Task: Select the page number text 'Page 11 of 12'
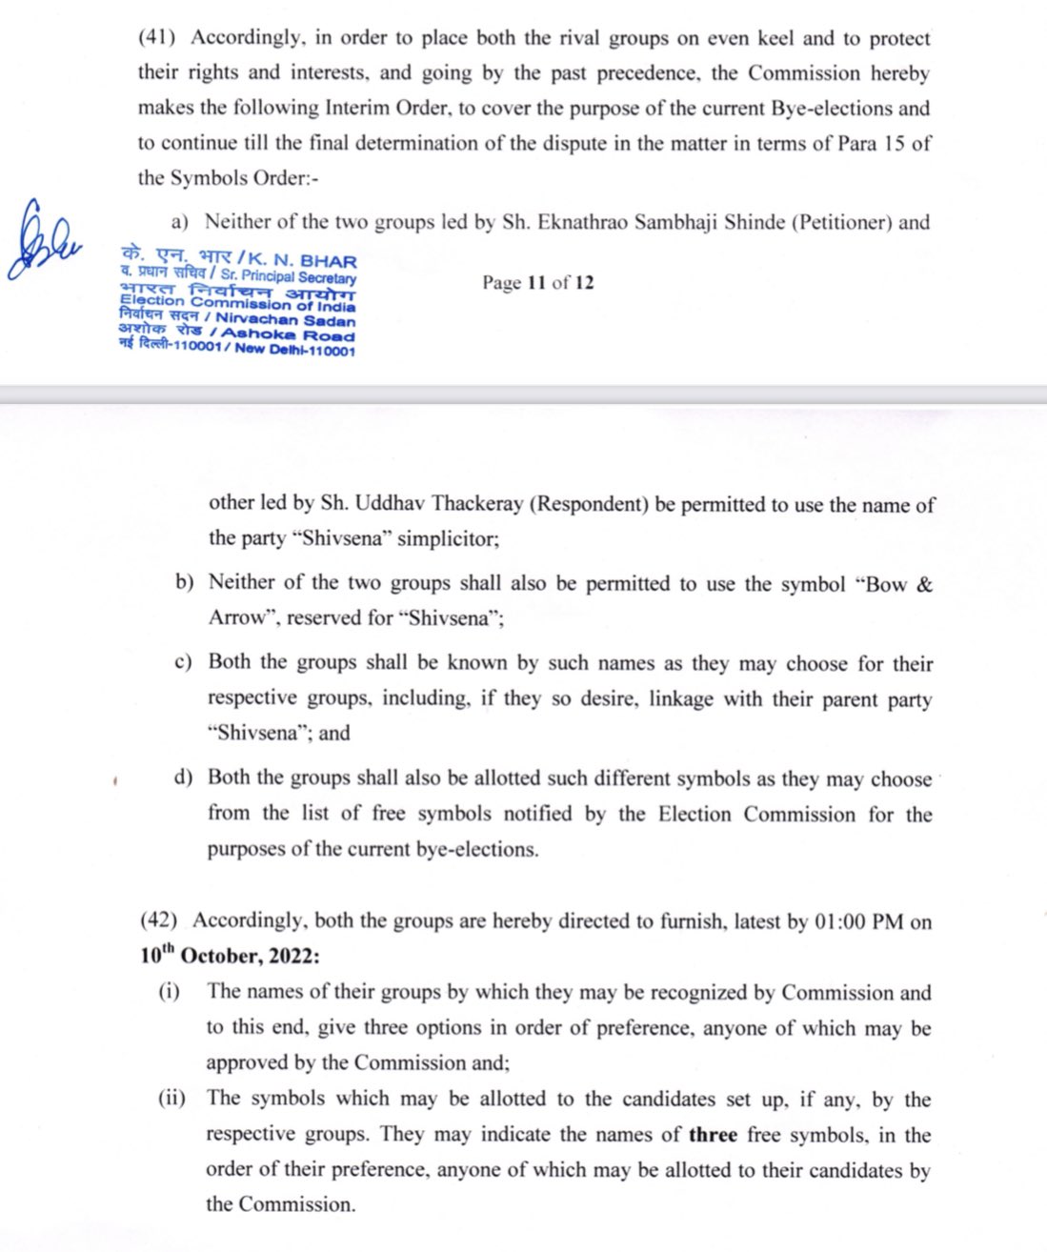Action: (537, 282)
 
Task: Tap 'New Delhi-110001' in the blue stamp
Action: (295, 350)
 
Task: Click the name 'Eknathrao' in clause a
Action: (581, 222)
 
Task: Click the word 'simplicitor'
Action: (447, 538)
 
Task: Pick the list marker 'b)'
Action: (184, 582)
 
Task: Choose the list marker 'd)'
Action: (183, 777)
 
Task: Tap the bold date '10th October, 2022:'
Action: (230, 956)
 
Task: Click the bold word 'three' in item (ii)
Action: (713, 1135)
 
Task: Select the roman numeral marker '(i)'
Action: (170, 992)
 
